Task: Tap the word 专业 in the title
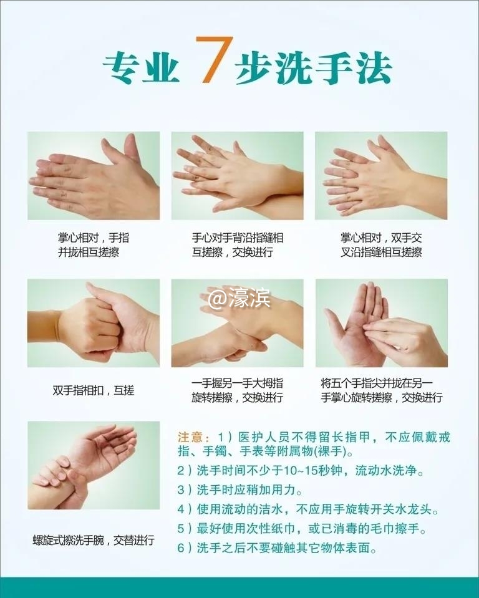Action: coord(141,67)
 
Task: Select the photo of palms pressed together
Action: coord(94,175)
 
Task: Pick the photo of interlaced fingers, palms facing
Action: coord(381,175)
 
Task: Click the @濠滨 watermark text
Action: coord(239,299)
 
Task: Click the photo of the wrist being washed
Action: coord(94,465)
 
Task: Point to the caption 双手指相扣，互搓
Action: coord(94,391)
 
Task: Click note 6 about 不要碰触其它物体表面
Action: coord(287,548)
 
